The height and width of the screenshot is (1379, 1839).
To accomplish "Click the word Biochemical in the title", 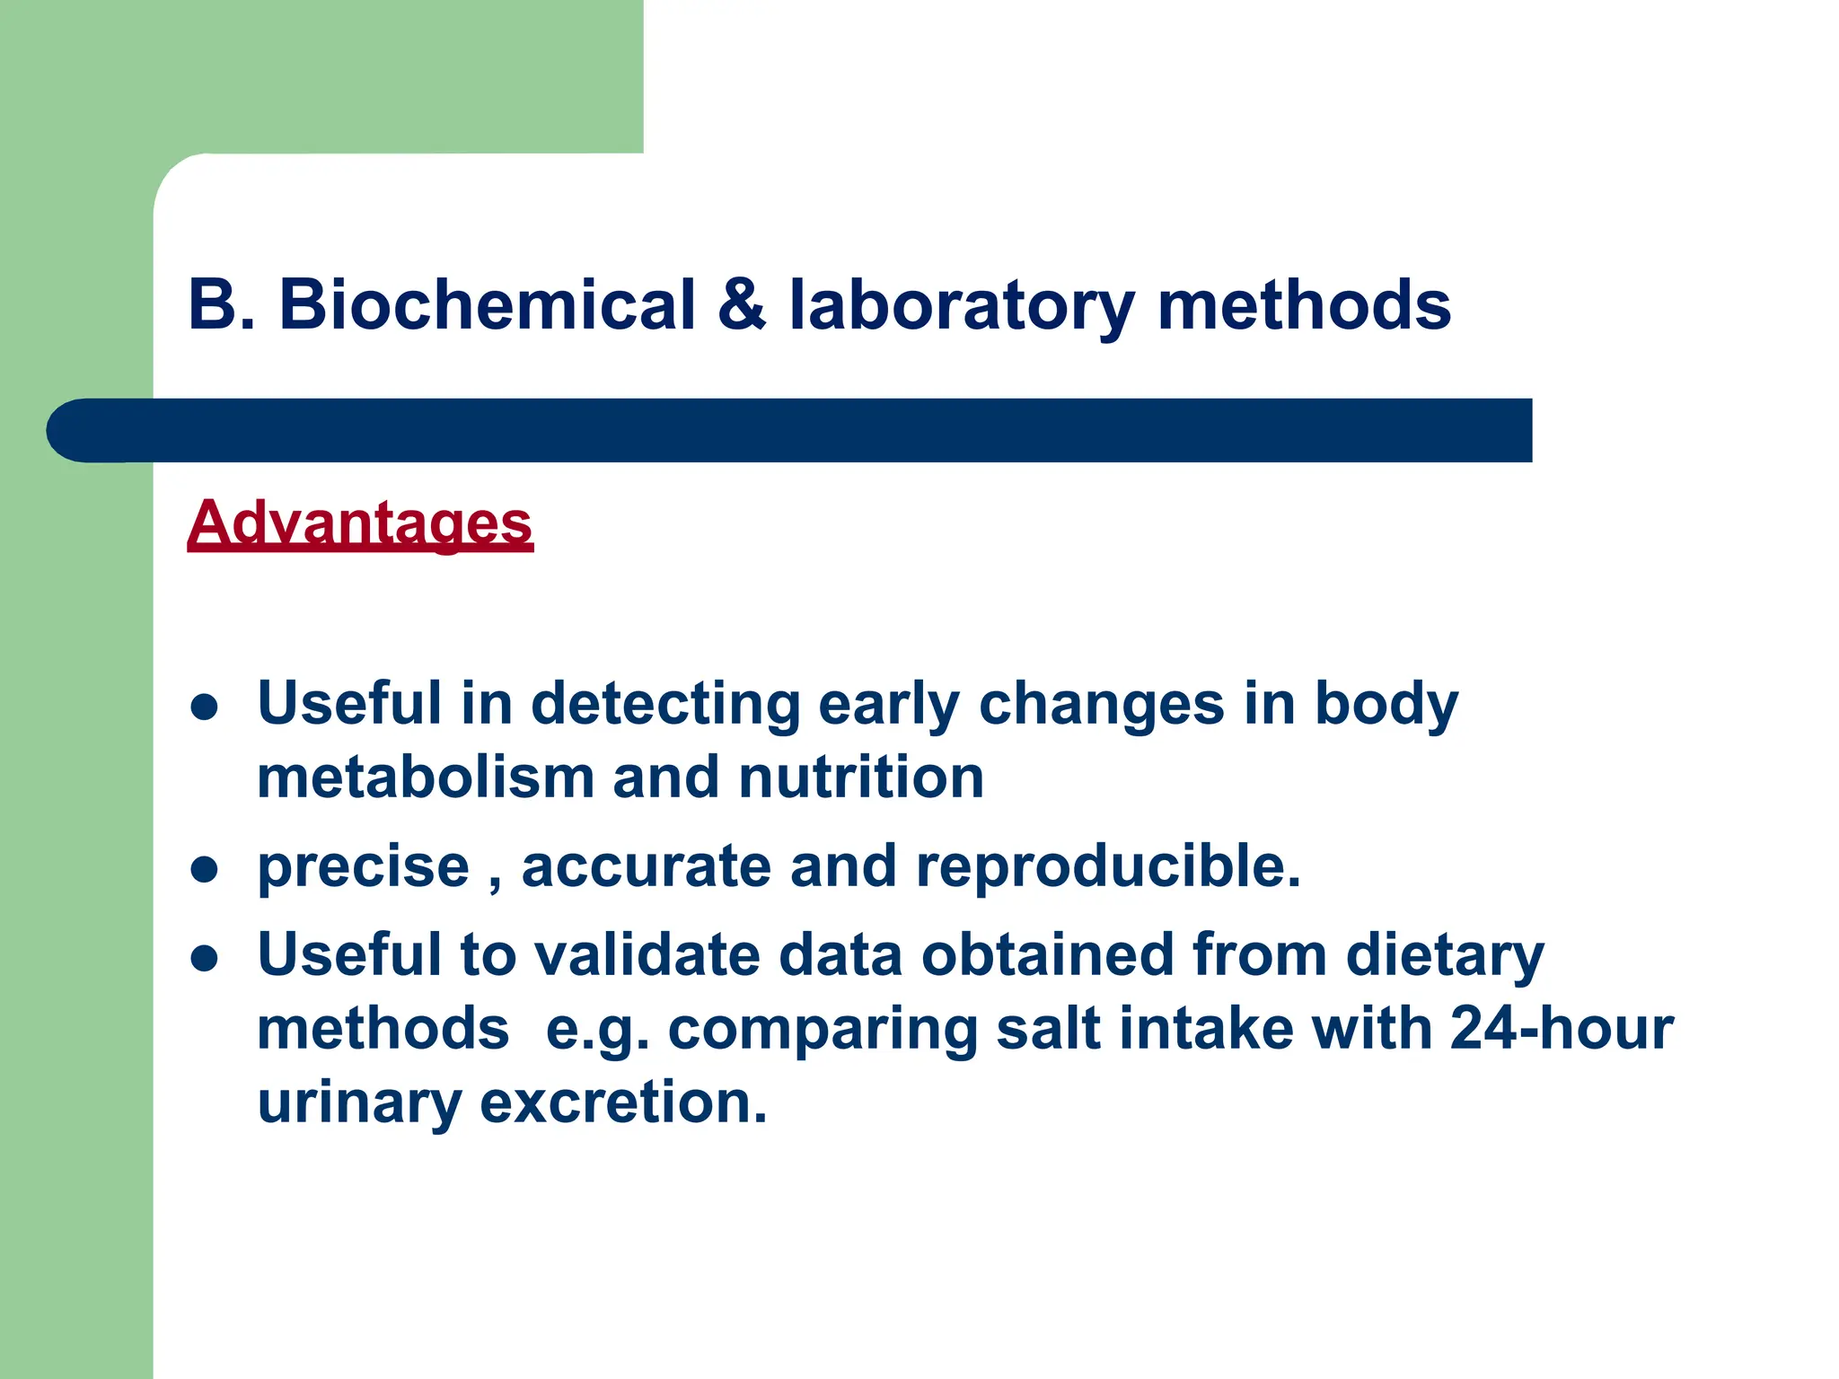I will click(488, 305).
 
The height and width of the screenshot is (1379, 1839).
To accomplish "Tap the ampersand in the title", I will click(742, 305).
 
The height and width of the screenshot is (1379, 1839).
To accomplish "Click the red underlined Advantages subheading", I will click(360, 523).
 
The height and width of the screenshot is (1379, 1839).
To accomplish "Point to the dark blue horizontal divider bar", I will click(790, 431).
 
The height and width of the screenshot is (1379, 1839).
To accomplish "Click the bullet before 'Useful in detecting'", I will click(205, 707).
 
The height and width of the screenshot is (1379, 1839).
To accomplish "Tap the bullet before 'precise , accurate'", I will click(205, 869).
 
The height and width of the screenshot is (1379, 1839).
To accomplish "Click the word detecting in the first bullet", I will click(665, 705).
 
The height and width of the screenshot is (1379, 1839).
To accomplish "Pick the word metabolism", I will click(425, 777).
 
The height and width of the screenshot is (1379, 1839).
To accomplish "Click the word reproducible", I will click(1108, 868).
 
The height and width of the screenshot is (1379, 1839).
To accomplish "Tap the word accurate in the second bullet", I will click(646, 868).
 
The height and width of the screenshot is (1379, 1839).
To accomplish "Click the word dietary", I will click(1445, 956).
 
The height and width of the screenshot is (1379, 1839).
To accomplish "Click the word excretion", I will click(623, 1102).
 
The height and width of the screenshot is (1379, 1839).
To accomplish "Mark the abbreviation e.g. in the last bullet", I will click(597, 1031).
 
